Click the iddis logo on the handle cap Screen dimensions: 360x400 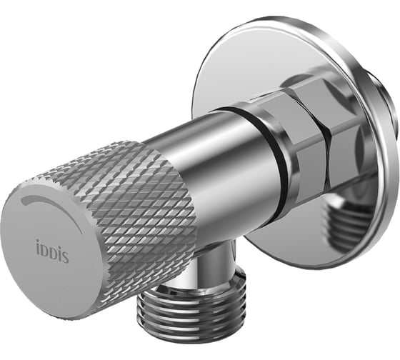pyautogui.click(x=52, y=252)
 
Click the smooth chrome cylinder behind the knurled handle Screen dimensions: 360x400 pyautogui.click(x=214, y=164)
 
